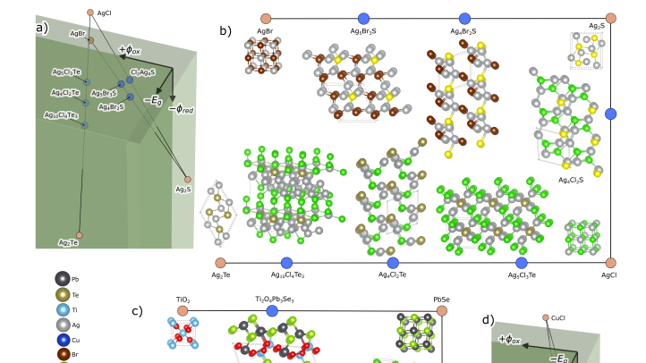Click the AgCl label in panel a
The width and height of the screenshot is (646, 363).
coord(104,13)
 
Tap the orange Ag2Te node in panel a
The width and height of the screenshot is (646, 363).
coord(79,236)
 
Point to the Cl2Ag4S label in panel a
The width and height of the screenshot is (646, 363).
coord(142,72)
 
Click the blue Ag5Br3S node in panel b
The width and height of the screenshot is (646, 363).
coord(363,18)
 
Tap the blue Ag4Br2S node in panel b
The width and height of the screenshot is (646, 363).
coord(464,18)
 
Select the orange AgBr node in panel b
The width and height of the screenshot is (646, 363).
coord(266,18)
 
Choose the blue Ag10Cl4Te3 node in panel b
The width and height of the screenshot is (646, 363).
coord(286,263)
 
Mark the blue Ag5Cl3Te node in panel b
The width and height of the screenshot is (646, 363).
coord(522,263)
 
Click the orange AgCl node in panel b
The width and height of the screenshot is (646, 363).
coord(610,263)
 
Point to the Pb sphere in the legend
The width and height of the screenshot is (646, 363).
coord(62,279)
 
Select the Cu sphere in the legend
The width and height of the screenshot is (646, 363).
coord(62,340)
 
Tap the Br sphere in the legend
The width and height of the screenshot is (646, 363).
coord(62,355)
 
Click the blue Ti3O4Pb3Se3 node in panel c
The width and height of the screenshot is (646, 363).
coord(272,311)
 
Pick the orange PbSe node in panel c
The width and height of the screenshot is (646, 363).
coord(442,311)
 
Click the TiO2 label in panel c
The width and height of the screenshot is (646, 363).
coord(183,300)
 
